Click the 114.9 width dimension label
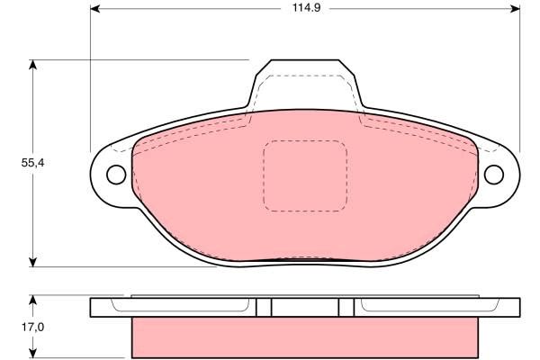[306, 7]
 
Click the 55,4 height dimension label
[32, 163]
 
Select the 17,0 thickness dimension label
[32, 327]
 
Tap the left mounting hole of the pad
[116, 175]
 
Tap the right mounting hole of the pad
[494, 175]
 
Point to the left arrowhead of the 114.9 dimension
[94, 8]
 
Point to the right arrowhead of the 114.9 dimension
[515, 8]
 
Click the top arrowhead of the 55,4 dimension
[32, 65]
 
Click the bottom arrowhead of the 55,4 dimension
[32, 262]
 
